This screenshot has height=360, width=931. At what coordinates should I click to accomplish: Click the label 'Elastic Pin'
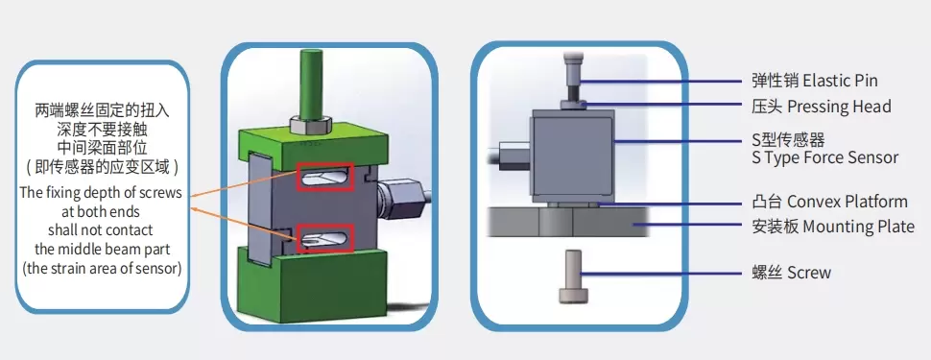[x=840, y=81]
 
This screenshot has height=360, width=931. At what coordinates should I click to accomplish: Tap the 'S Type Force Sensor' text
[x=824, y=156]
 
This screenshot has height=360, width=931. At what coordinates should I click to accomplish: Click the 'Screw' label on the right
[x=809, y=273]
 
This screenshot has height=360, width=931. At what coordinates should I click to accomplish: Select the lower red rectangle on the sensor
[x=324, y=240]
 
